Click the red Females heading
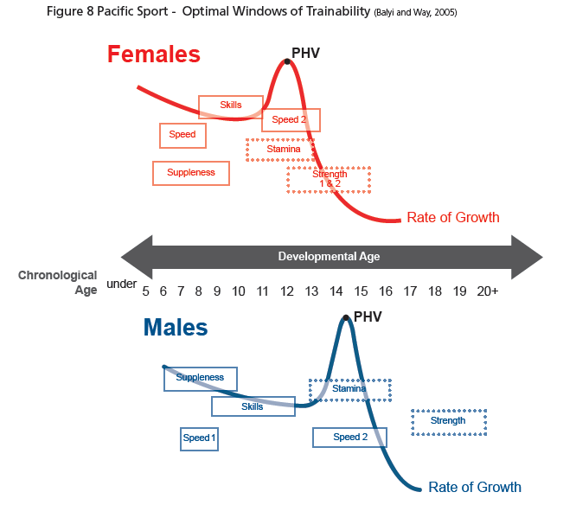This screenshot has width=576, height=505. tap(154, 54)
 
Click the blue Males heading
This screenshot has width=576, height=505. tap(176, 329)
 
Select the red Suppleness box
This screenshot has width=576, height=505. tap(191, 173)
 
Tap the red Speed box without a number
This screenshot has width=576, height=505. tap(182, 135)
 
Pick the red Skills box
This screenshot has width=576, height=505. tap(231, 106)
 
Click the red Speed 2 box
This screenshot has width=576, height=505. tap(291, 120)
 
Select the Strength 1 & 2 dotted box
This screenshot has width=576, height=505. tap(329, 179)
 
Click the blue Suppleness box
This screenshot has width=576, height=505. tap(200, 378)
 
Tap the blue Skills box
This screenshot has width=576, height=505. tap(253, 406)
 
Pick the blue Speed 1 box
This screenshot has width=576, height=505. tap(199, 438)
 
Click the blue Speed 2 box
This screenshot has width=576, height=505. tap(350, 438)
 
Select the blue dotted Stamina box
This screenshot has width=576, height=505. tap(350, 389)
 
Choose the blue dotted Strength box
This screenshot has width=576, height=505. tap(448, 421)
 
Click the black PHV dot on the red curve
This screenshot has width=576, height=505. tap(286, 61)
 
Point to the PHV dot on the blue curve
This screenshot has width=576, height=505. tap(347, 318)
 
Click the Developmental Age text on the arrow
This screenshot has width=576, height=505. tap(329, 257)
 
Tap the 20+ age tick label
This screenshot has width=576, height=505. tap(487, 291)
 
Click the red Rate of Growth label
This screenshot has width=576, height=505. tap(453, 218)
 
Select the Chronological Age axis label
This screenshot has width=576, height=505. tap(58, 283)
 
